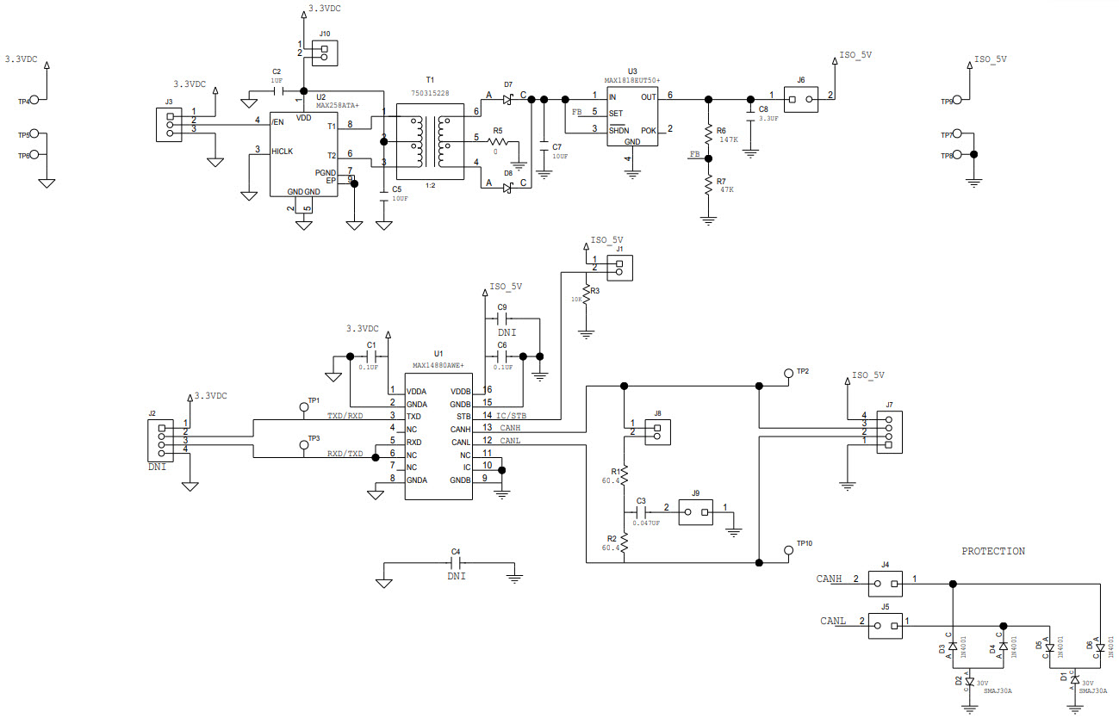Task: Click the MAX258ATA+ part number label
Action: (337, 105)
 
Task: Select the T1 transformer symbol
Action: (430, 138)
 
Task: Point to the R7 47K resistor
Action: (709, 186)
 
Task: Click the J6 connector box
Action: (800, 98)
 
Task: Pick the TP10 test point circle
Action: (788, 549)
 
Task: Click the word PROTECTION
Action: (993, 551)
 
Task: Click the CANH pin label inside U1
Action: (460, 429)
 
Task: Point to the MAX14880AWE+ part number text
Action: (438, 365)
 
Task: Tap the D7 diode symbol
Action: (507, 100)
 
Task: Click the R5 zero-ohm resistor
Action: (497, 142)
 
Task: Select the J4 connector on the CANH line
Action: (885, 584)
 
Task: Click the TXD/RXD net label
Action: (345, 416)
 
